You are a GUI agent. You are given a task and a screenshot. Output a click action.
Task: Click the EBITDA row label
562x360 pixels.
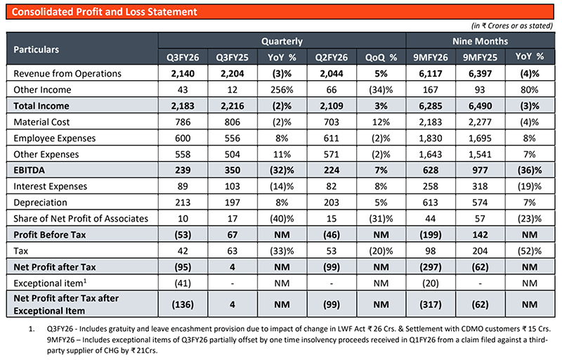tap(30, 170)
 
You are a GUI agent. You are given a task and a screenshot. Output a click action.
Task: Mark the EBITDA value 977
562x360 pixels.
tap(481, 170)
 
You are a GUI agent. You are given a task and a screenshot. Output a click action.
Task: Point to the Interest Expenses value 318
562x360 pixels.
tap(481, 186)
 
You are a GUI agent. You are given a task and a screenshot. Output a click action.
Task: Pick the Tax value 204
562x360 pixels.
tap(481, 251)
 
